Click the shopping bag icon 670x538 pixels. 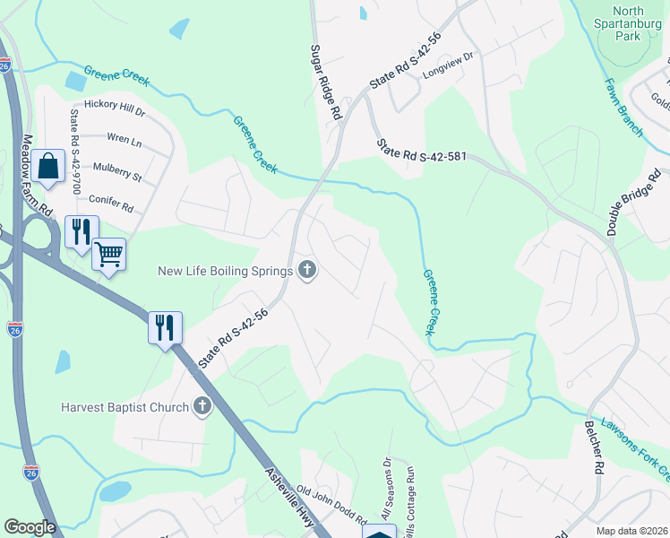click(49, 166)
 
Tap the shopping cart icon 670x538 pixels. click(108, 255)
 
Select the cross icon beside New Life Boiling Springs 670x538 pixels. click(307, 271)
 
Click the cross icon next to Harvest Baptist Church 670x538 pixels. click(202, 407)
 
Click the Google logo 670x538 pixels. click(30, 527)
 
